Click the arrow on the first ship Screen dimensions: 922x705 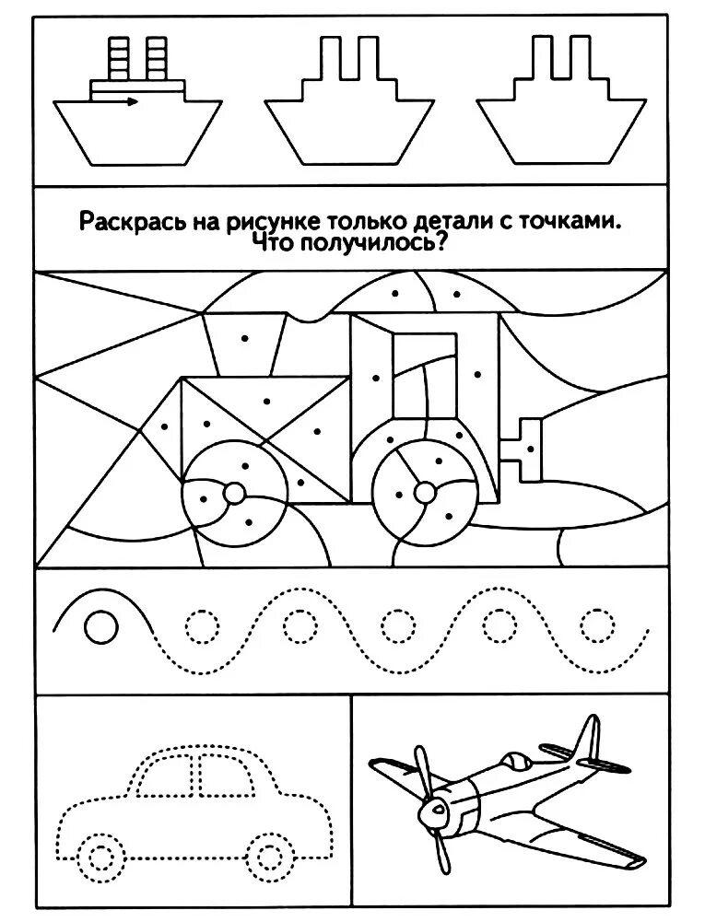[128, 101]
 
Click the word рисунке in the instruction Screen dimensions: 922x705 [269, 221]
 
